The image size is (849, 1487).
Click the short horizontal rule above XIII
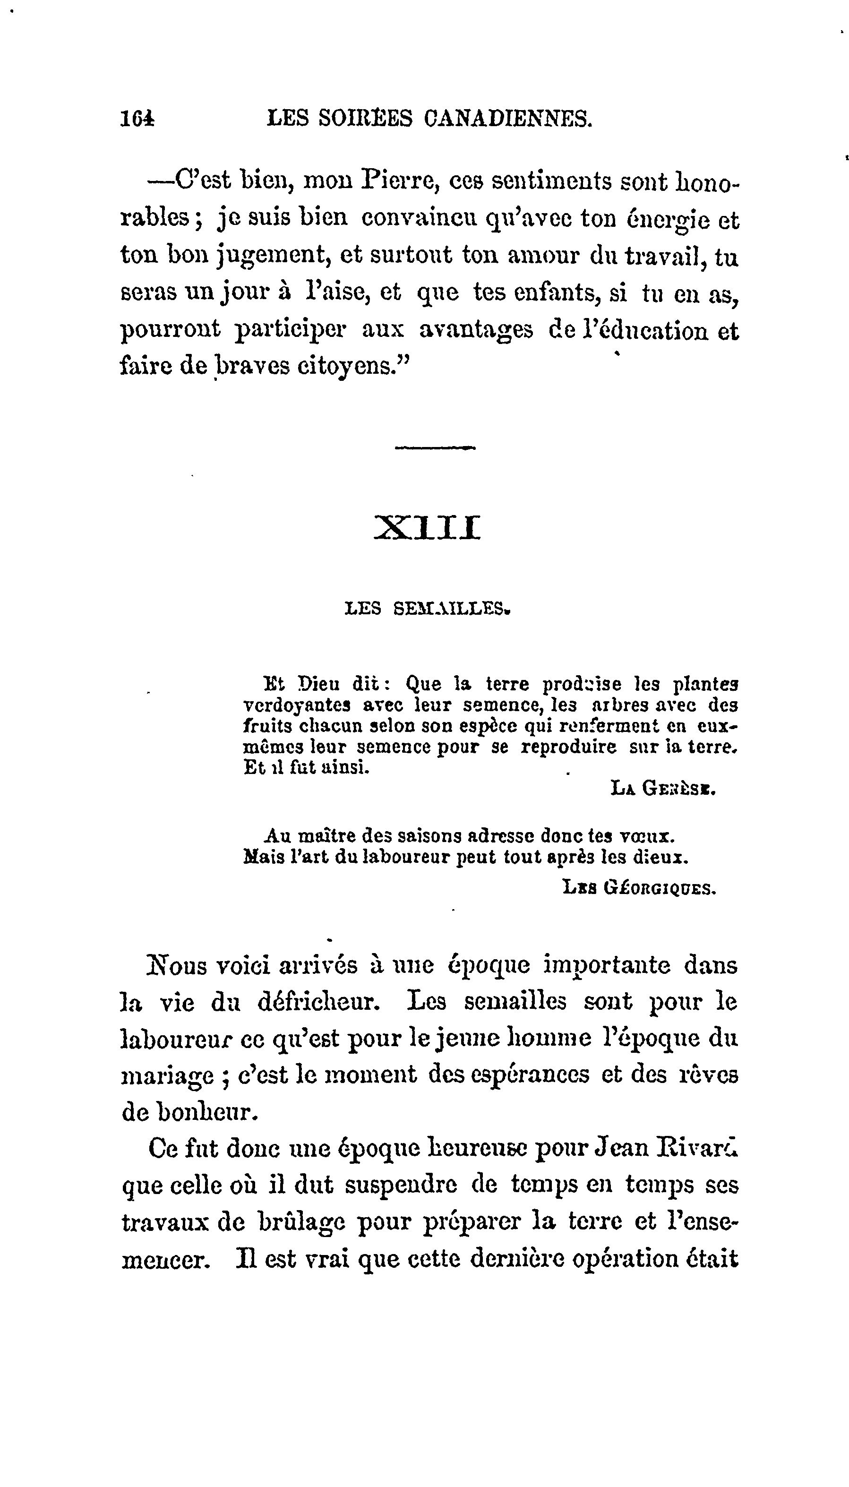click(435, 448)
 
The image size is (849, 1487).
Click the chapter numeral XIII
click(427, 528)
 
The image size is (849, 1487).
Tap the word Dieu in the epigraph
click(318, 683)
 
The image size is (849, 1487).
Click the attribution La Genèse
click(663, 789)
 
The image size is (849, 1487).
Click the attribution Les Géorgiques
click(639, 888)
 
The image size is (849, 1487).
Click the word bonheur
click(207, 1113)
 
